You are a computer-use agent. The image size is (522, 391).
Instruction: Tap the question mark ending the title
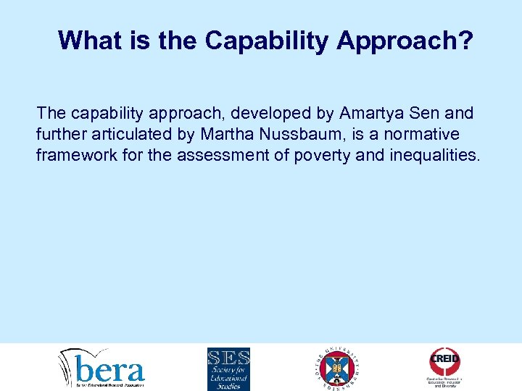click(465, 41)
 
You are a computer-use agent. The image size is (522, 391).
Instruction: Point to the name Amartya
click(376, 113)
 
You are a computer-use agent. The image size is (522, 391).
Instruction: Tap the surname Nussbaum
click(285, 134)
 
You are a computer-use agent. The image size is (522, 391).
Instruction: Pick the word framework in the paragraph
click(74, 155)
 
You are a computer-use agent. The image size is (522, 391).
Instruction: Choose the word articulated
click(128, 134)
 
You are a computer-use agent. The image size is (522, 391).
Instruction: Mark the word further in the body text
click(59, 134)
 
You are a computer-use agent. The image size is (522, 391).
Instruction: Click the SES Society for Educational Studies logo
click(228, 369)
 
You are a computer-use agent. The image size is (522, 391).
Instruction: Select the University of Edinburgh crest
click(338, 368)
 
